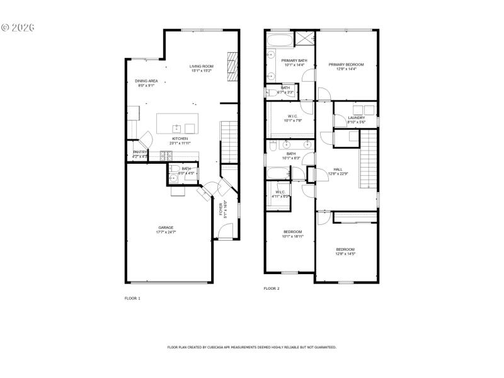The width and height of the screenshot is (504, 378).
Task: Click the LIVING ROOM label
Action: pyautogui.click(x=202, y=66)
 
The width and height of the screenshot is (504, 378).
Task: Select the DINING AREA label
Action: pyautogui.click(x=146, y=81)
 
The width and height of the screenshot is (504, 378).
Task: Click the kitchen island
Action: pyautogui.click(x=178, y=121)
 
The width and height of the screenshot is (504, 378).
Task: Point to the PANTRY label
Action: pyautogui.click(x=140, y=152)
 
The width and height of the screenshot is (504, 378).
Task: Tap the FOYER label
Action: pyautogui.click(x=220, y=209)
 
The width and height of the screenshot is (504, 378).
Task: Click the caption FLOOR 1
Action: pyautogui.click(x=132, y=298)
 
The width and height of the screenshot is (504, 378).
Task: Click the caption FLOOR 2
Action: pyautogui.click(x=271, y=288)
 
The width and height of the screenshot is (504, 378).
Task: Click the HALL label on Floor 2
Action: pyautogui.click(x=338, y=169)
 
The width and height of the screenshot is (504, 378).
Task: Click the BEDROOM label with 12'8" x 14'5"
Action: pyautogui.click(x=345, y=249)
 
